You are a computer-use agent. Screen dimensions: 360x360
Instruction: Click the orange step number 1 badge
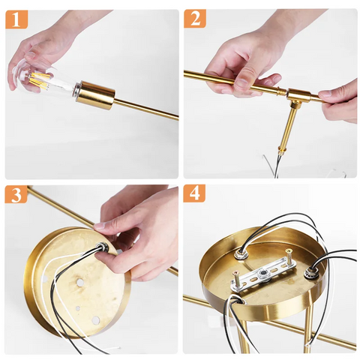pyautogui.click(x=16, y=19)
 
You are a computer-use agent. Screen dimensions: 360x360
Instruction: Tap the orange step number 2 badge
pyautogui.click(x=195, y=19)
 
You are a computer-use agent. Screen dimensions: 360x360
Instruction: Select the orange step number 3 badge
pyautogui.click(x=16, y=194)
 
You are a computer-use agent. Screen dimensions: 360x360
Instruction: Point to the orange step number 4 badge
pyautogui.click(x=195, y=194)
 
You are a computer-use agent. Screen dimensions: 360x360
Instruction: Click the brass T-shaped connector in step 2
pyautogui.click(x=298, y=96)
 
